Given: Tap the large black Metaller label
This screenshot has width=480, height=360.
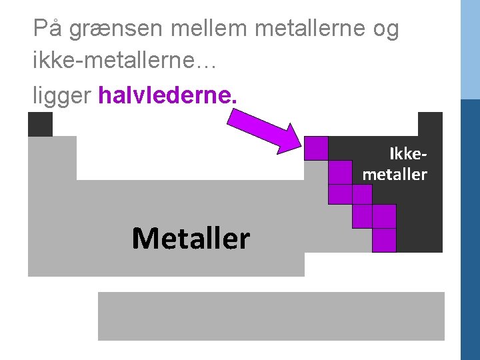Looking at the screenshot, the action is point(191,238).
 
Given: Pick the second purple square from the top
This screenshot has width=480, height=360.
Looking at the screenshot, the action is point(340,172).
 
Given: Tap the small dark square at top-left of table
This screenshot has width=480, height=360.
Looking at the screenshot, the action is point(40,124).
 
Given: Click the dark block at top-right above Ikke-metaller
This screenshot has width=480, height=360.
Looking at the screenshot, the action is point(430,124).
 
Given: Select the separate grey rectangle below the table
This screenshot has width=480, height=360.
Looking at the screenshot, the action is point(271,316).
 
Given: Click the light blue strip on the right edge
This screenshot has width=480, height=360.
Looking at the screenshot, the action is point(471,50).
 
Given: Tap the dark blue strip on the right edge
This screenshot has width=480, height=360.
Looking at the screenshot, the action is point(471,227).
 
